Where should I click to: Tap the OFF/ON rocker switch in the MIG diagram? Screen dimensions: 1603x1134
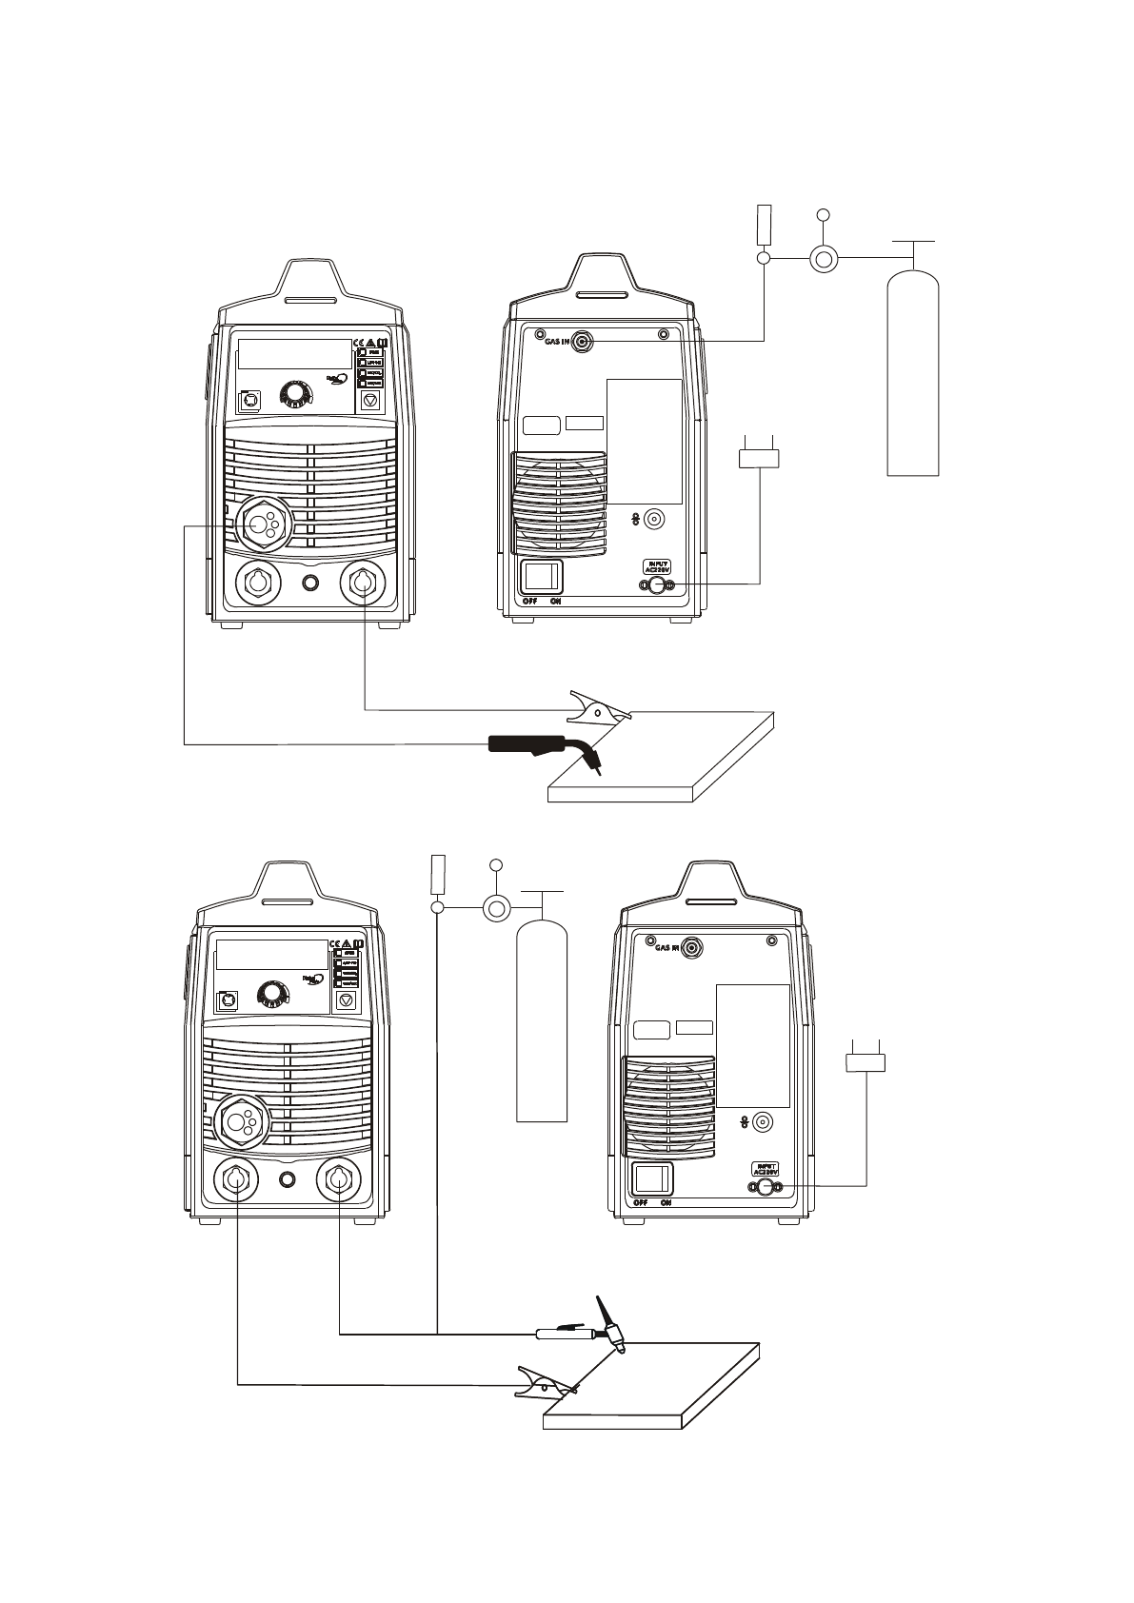pyautogui.click(x=542, y=576)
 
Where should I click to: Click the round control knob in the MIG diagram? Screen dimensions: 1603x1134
pyautogui.click(x=296, y=393)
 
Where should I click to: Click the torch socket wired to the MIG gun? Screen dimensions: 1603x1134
pyautogui.click(x=263, y=523)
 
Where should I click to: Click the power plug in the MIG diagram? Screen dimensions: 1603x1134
pyautogui.click(x=759, y=458)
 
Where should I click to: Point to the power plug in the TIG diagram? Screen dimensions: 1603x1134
pyautogui.click(x=865, y=1061)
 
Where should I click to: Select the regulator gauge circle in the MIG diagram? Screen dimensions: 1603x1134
pyautogui.click(x=823, y=258)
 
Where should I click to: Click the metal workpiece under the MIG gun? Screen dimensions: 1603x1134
pyautogui.click(x=666, y=762)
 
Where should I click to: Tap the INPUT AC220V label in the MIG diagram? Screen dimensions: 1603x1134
pyautogui.click(x=658, y=566)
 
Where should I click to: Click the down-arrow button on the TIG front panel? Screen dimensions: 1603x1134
pyautogui.click(x=347, y=1000)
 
